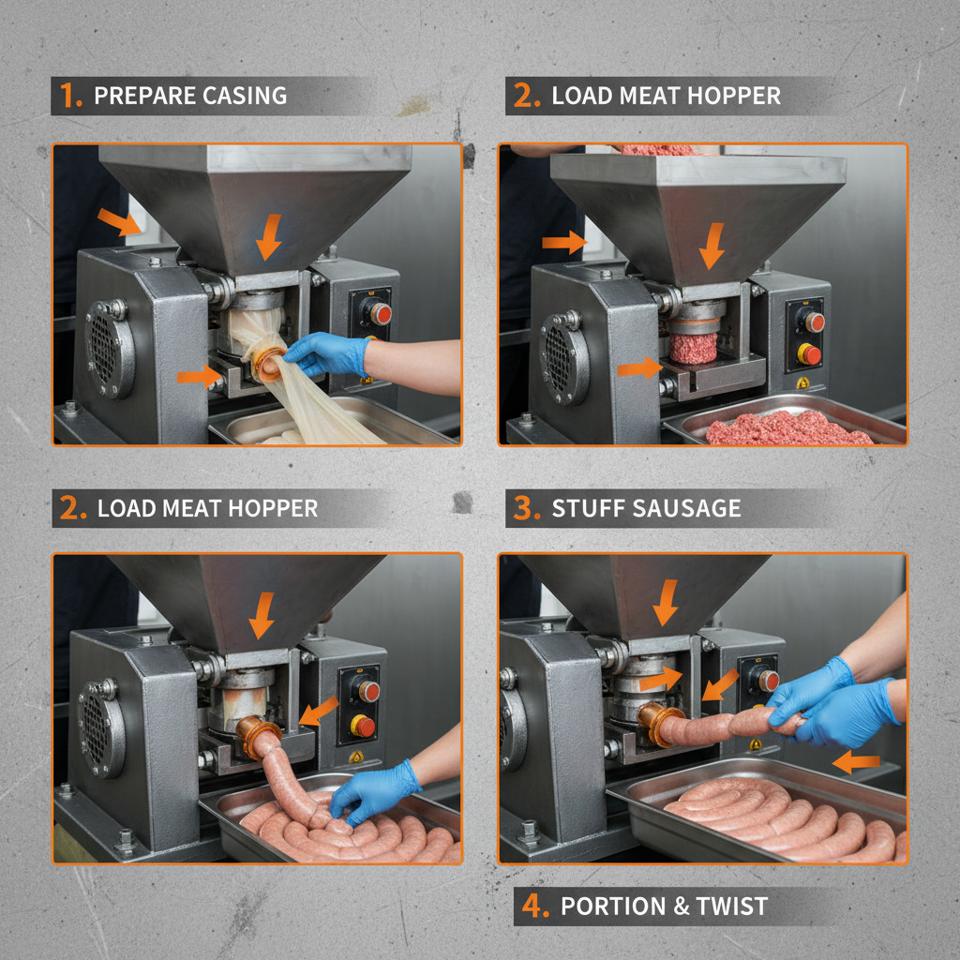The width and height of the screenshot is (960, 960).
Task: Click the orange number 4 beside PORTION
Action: point(533,907)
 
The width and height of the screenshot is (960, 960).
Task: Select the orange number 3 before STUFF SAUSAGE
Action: point(525,509)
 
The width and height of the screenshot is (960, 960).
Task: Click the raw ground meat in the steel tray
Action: point(787,428)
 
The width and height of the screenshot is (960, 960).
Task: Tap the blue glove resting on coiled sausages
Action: point(375,789)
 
